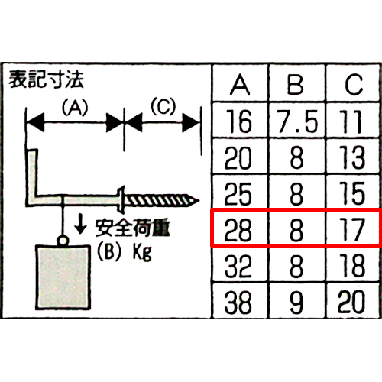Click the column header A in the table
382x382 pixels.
point(240,85)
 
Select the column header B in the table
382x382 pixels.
point(296,85)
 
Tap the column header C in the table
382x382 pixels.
point(354,85)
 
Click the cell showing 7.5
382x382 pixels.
point(297,121)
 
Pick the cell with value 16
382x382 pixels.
point(239,121)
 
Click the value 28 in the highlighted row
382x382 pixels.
point(238,230)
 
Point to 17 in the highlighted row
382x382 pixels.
point(352,230)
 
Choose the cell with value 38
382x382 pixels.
point(238,303)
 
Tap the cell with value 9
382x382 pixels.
point(296,303)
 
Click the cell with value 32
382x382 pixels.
point(238,266)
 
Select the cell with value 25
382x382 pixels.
point(238,194)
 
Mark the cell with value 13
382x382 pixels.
point(352,157)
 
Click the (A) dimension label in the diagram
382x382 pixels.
point(75,107)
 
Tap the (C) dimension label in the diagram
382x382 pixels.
point(163,106)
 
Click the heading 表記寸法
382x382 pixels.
point(47,79)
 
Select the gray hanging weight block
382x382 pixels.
point(63,277)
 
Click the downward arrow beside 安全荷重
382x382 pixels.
point(80,225)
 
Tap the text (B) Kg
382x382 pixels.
point(125,252)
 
